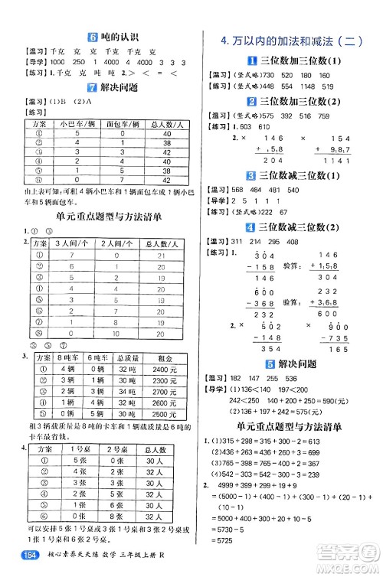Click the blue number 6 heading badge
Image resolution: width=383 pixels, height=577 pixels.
click(x=93, y=36)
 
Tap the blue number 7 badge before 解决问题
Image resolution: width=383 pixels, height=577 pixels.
click(x=93, y=87)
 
